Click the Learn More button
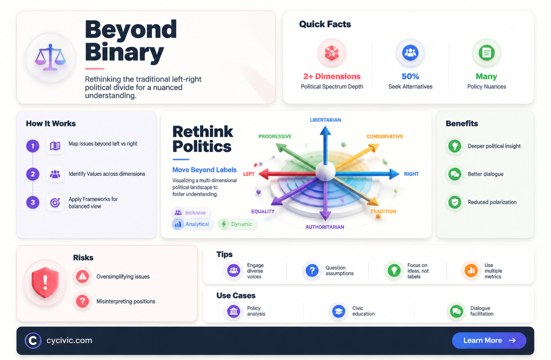(489, 340)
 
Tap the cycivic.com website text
(69, 340)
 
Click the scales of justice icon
(50, 57)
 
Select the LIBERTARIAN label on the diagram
(325, 120)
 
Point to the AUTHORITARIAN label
(325, 227)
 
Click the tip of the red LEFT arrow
(259, 174)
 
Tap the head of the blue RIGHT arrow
(394, 174)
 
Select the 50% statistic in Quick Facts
(410, 76)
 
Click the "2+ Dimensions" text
(332, 76)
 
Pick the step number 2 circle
(33, 174)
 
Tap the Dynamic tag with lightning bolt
(238, 224)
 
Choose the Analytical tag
(193, 224)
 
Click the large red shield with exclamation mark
(45, 282)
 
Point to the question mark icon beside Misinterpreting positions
(82, 301)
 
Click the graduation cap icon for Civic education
(339, 311)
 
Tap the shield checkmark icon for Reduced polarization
(455, 202)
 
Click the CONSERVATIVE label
(385, 136)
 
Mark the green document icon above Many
(487, 53)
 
